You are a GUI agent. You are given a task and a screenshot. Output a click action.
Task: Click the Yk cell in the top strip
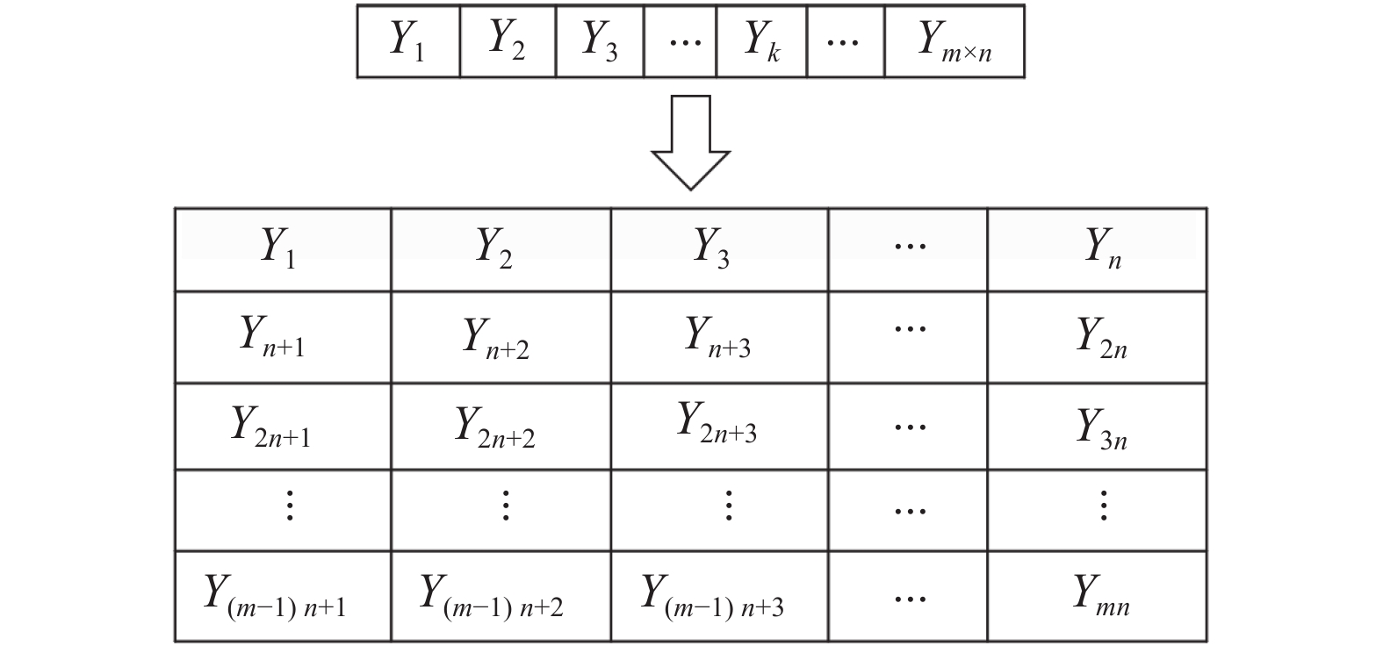761,41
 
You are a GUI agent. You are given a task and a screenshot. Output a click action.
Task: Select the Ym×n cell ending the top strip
954,41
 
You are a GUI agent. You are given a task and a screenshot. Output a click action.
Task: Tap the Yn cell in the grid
1098,249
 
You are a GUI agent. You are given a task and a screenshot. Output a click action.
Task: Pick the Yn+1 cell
283,337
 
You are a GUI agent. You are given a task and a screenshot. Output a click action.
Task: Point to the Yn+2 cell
501,337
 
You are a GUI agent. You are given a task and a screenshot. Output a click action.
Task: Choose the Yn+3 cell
719,337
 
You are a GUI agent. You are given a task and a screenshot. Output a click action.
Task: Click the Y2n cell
1098,337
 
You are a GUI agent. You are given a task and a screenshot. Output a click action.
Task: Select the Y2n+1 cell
283,426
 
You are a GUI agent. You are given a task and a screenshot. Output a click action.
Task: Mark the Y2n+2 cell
501,426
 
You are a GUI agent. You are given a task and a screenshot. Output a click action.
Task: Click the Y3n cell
1098,426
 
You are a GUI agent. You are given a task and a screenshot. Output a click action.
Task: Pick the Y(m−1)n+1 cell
283,596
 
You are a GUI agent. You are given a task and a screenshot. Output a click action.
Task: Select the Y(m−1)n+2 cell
501,596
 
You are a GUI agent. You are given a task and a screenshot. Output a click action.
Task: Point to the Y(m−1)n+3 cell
719,596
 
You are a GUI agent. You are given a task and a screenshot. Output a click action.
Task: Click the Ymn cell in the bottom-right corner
1098,596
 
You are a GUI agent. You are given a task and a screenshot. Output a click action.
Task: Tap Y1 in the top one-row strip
408,41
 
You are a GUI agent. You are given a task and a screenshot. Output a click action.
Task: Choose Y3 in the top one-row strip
600,41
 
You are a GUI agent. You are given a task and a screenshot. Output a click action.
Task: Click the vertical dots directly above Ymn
1103,506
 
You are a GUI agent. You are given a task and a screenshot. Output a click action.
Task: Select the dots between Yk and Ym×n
844,41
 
